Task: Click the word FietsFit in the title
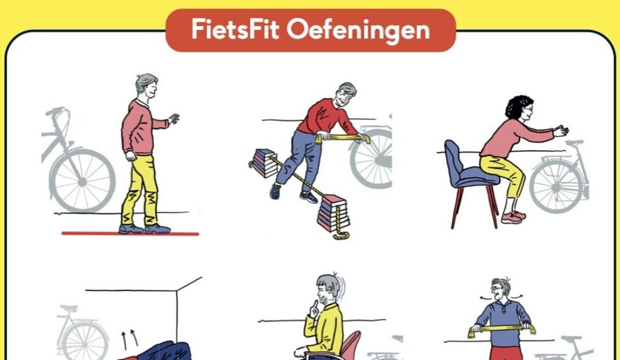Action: [235, 29]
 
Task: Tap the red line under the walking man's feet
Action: [130, 234]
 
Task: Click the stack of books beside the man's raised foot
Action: [264, 163]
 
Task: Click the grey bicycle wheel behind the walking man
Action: [82, 181]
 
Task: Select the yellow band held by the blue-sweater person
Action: [501, 329]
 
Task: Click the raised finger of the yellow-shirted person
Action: [313, 307]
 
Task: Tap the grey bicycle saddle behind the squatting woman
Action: [574, 142]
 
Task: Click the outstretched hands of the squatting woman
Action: [561, 130]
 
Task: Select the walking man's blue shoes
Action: [144, 229]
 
